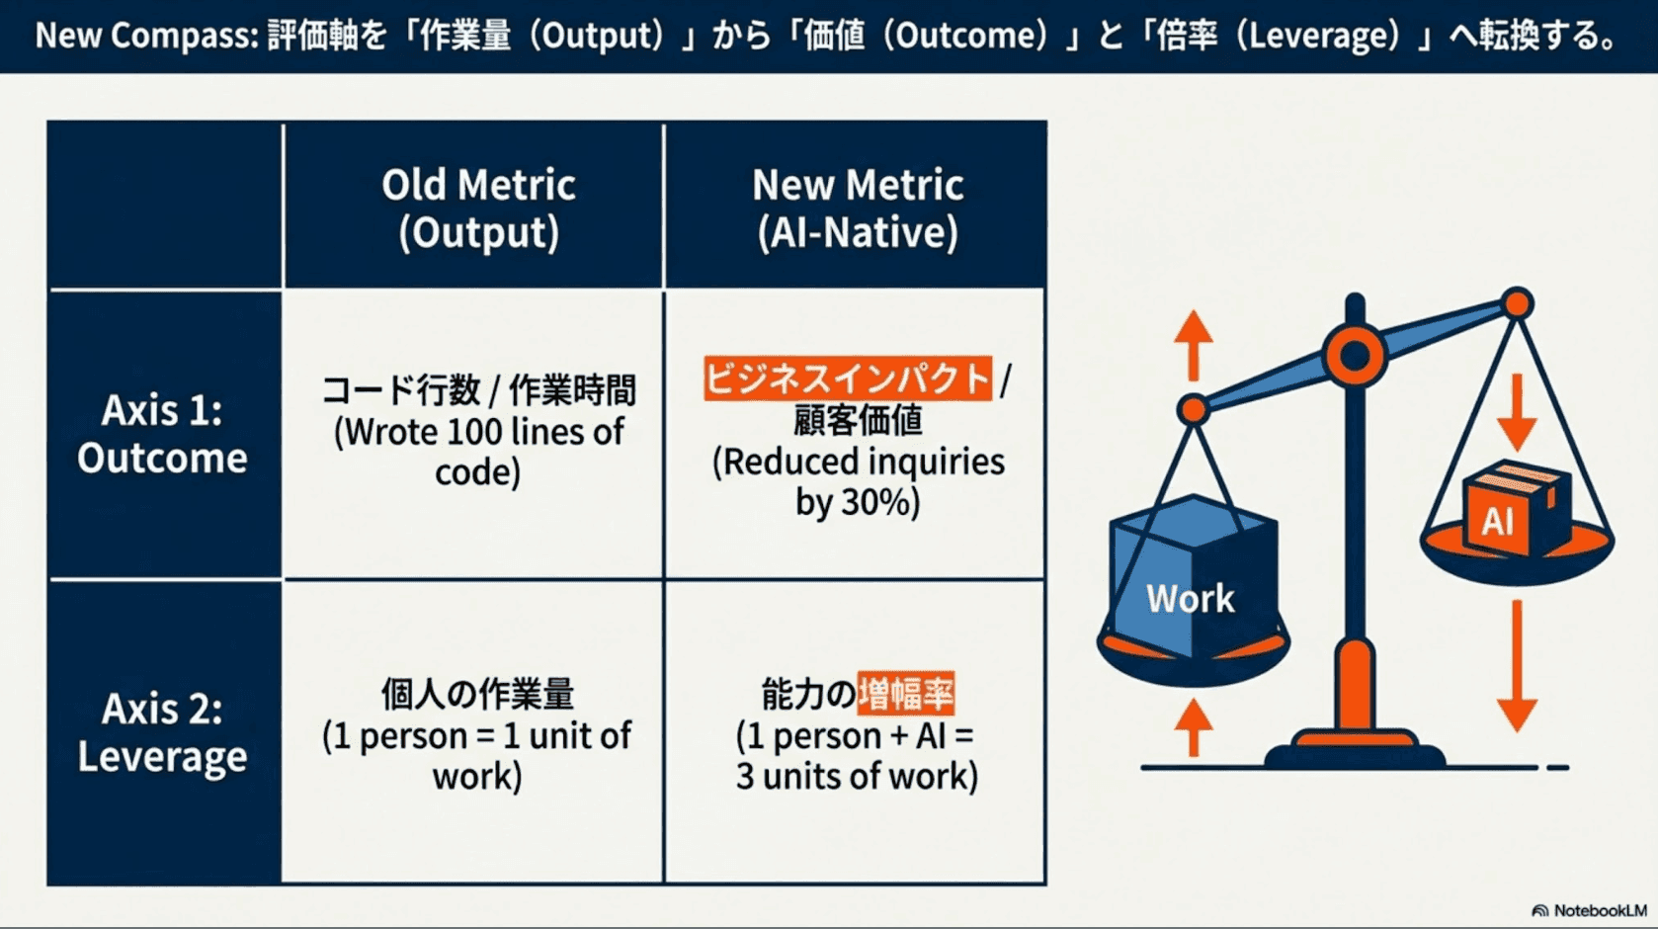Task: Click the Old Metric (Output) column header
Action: pos(478,209)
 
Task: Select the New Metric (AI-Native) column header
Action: pos(857,209)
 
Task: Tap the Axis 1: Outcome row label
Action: pos(163,434)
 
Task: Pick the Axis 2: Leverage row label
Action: pos(163,732)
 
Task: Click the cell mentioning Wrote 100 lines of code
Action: pos(478,431)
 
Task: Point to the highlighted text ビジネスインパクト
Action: pos(847,379)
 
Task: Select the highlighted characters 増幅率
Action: pos(905,694)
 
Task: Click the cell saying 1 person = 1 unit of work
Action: pos(477,735)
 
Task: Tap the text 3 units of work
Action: pos(856,777)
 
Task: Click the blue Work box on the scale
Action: pos(1192,583)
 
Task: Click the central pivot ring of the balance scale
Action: pos(1355,355)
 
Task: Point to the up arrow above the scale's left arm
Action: pos(1194,345)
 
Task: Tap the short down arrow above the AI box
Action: pos(1516,412)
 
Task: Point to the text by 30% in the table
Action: pos(857,503)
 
